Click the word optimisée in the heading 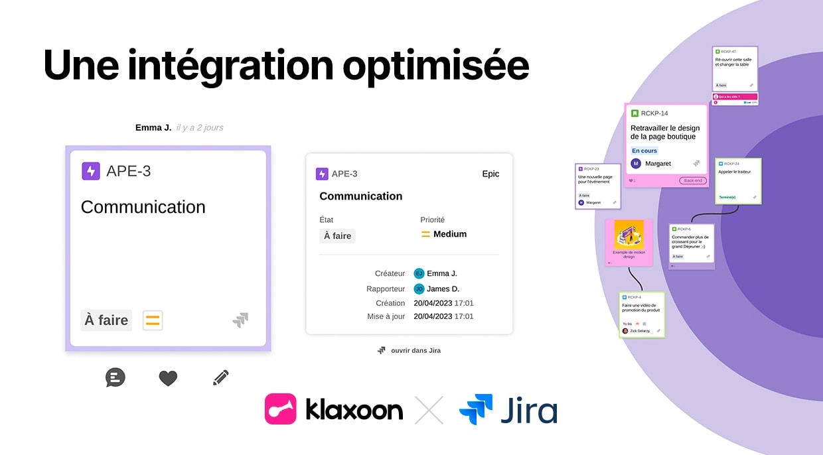437,66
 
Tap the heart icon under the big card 168,378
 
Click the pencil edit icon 221,378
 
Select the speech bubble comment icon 115,377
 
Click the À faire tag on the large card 106,320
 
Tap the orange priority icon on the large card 153,320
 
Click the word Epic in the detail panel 490,174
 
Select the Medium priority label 449,234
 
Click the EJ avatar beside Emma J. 419,273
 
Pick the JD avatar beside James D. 419,289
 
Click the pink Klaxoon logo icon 280,409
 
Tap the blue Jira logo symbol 476,409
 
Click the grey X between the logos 429,409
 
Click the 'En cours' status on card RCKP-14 644,151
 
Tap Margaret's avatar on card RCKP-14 636,163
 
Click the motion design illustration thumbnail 629,235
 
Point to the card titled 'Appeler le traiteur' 738,180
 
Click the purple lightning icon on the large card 91,171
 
